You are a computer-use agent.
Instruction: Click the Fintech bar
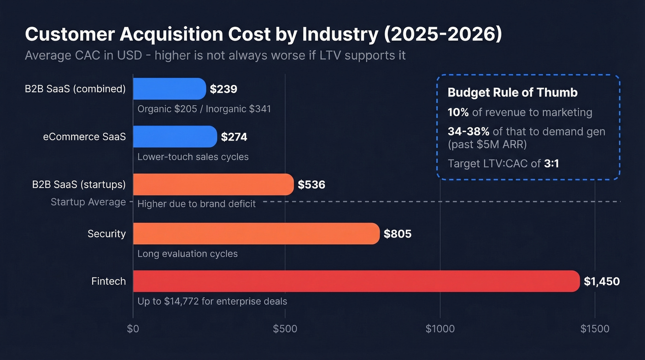(356, 281)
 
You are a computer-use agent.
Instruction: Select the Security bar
(256, 234)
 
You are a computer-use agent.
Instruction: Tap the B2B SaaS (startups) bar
(213, 184)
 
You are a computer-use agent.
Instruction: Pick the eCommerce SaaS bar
(175, 136)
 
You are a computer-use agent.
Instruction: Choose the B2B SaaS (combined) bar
(169, 89)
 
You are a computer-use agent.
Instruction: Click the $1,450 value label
(601, 281)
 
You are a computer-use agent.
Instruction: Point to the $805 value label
(398, 234)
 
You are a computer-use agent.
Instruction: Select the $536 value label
(311, 185)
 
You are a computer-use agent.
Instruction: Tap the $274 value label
(234, 137)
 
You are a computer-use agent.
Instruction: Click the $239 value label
(223, 89)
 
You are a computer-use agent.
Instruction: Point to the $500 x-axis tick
(285, 329)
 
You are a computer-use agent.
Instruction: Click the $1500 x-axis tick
(594, 329)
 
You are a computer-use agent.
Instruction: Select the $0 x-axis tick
(133, 329)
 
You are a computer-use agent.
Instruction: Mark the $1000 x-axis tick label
(440, 329)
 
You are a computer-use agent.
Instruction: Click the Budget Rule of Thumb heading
(512, 92)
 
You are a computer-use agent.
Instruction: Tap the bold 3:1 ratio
(551, 163)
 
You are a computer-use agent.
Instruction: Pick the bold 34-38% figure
(468, 131)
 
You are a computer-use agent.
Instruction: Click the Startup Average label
(88, 202)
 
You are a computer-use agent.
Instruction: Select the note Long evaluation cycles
(188, 254)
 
